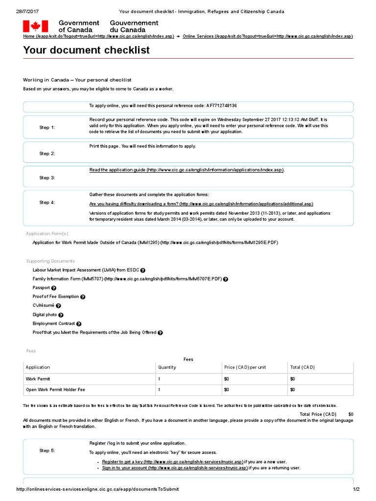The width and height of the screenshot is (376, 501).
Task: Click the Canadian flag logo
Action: tap(35, 26)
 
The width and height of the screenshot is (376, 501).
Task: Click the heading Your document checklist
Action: tap(86, 50)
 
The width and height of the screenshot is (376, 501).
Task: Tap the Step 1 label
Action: tap(47, 128)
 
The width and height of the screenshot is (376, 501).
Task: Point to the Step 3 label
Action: tap(47, 178)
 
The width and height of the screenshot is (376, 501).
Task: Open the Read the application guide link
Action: tap(186, 170)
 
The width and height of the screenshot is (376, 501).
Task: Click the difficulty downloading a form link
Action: tap(201, 204)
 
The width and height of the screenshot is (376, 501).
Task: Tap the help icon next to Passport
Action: tap(54, 288)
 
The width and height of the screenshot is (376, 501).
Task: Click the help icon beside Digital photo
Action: tap(61, 315)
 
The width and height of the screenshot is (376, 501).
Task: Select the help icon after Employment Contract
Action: tap(79, 324)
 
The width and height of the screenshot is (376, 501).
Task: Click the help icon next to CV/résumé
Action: tap(58, 306)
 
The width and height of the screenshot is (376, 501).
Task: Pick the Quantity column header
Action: tap(167, 367)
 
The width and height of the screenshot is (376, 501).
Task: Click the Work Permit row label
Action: tap(38, 379)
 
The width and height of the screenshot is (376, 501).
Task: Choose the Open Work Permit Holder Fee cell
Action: tap(55, 390)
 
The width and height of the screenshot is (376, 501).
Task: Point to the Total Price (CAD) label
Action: tap(318, 414)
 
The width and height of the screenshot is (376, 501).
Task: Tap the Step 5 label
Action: tap(47, 451)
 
